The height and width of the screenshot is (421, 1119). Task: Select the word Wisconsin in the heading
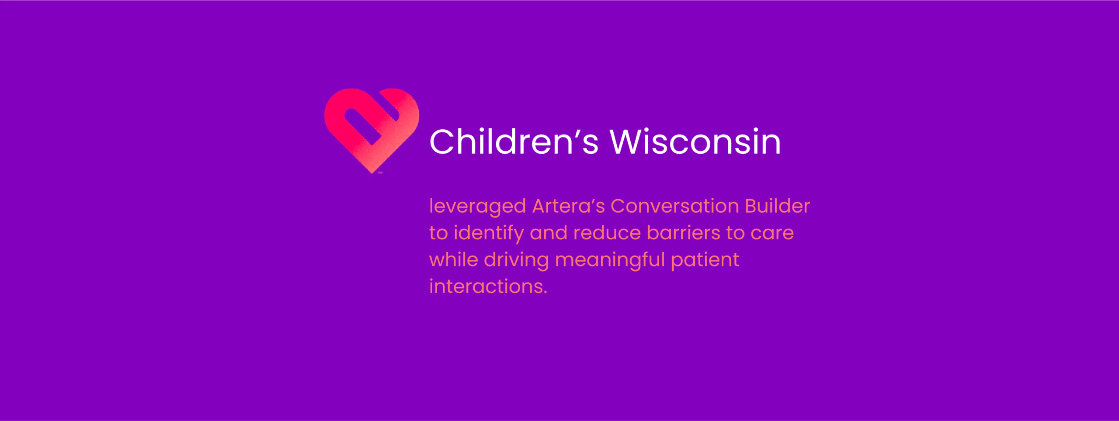tap(695, 142)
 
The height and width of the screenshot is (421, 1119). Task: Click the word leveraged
tap(477, 206)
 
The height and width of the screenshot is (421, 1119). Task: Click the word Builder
tap(777, 206)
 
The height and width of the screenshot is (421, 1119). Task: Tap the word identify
tap(489, 233)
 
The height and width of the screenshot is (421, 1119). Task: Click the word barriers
tap(683, 233)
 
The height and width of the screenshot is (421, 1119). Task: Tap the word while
tap(454, 260)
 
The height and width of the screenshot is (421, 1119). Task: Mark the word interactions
tap(485, 287)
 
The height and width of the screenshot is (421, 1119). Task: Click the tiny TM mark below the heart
tap(380, 173)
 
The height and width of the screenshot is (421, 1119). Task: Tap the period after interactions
tap(545, 293)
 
